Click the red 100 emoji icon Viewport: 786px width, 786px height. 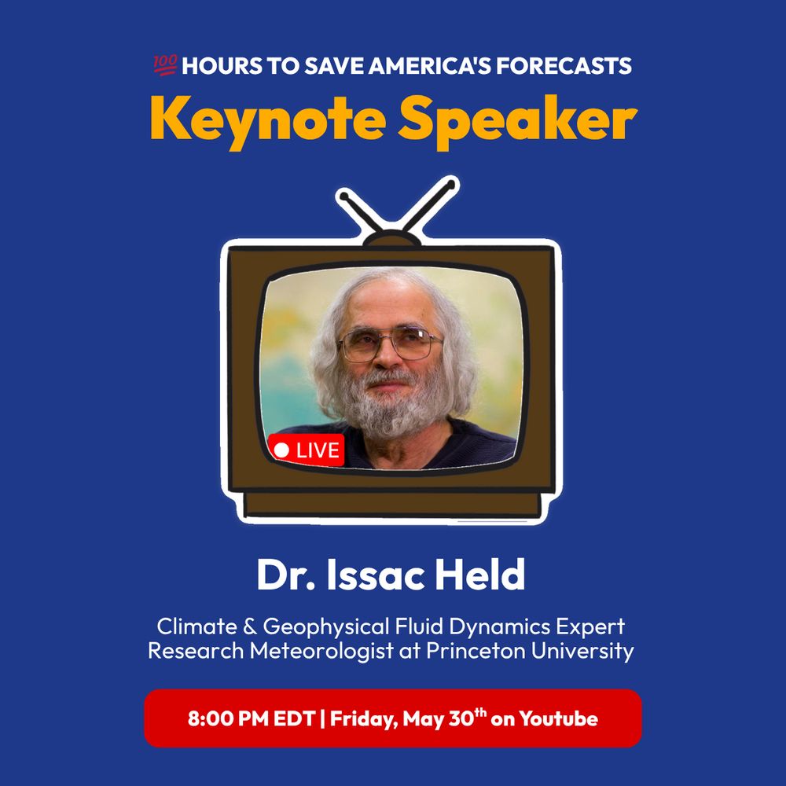pos(165,66)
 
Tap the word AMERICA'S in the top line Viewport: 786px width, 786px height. pos(430,66)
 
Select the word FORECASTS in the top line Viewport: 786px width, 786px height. pos(564,66)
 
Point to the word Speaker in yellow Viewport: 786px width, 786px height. pos(517,122)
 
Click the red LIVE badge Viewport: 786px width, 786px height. pos(307,450)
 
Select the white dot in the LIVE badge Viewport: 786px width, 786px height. pos(281,450)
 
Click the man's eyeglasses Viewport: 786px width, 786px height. pos(391,343)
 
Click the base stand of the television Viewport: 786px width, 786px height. pos(393,505)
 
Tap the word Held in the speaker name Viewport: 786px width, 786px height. pos(479,575)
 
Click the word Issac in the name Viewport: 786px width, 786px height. pos(375,575)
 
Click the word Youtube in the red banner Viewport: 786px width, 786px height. pos(558,718)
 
